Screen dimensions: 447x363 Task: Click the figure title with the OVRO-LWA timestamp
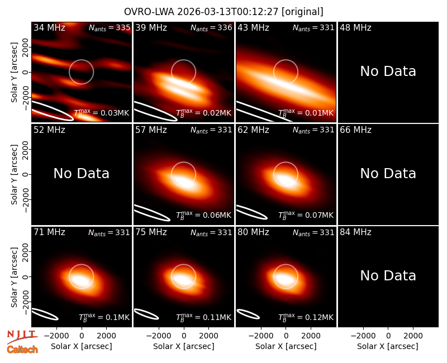pyautogui.click(x=223, y=12)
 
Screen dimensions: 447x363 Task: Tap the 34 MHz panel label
pyautogui.click(x=49, y=27)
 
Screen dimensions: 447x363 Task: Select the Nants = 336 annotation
pyautogui.click(x=211, y=27)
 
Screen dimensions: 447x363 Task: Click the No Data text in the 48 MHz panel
pyautogui.click(x=388, y=71)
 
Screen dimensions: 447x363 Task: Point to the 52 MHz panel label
pyautogui.click(x=49, y=130)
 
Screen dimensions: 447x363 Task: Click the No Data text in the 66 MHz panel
pyautogui.click(x=388, y=174)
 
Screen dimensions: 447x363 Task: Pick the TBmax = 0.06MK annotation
pyautogui.click(x=203, y=215)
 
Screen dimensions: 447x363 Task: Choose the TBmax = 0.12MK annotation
pyautogui.click(x=306, y=317)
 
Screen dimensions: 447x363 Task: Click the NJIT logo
pyautogui.click(x=22, y=336)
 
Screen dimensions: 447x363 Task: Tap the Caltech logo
pyautogui.click(x=22, y=350)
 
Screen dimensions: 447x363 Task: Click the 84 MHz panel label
pyautogui.click(x=355, y=232)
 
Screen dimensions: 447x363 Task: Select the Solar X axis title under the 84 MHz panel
pyautogui.click(x=388, y=346)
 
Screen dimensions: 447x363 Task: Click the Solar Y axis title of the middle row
pyautogui.click(x=14, y=174)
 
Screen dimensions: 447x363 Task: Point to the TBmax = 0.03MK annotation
pyautogui.click(x=102, y=113)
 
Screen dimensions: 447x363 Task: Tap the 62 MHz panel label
pyautogui.click(x=254, y=130)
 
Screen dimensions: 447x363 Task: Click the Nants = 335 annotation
pyautogui.click(x=110, y=27)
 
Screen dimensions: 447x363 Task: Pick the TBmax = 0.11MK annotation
pyautogui.click(x=203, y=317)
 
